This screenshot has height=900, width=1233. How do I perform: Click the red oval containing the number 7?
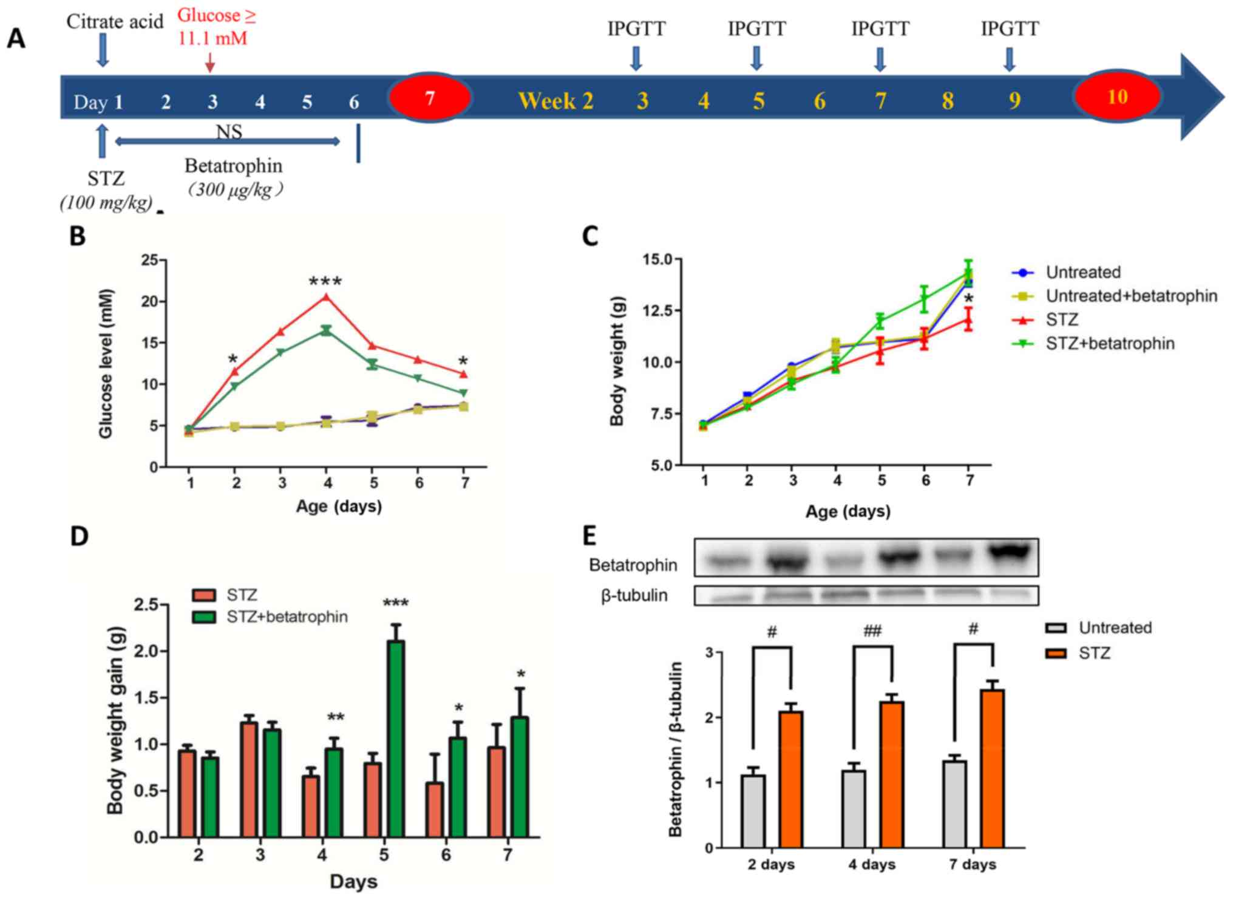click(430, 98)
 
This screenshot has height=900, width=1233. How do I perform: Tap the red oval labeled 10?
click(1116, 97)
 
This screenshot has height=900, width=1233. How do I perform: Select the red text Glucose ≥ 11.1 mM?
click(216, 27)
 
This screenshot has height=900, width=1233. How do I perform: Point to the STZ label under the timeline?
click(106, 179)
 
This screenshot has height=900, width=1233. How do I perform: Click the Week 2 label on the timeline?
click(555, 101)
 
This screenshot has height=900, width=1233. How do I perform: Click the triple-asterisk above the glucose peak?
click(325, 282)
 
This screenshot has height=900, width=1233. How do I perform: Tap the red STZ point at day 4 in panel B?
click(326, 297)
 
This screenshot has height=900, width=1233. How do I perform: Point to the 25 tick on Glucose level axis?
click(149, 261)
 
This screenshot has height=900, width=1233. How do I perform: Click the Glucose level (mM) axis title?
click(106, 363)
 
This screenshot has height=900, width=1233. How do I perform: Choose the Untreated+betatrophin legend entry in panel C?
click(1130, 296)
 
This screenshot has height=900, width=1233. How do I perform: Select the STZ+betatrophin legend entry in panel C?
click(1109, 344)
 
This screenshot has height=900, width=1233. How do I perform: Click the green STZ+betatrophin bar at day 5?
click(396, 738)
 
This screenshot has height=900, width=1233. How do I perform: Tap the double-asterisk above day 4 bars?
click(336, 717)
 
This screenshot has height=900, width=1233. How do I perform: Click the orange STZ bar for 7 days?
click(993, 768)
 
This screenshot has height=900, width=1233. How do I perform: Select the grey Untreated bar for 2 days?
click(753, 811)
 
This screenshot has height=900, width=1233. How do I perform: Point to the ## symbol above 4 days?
click(872, 632)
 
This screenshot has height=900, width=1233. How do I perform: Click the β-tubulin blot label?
click(634, 595)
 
